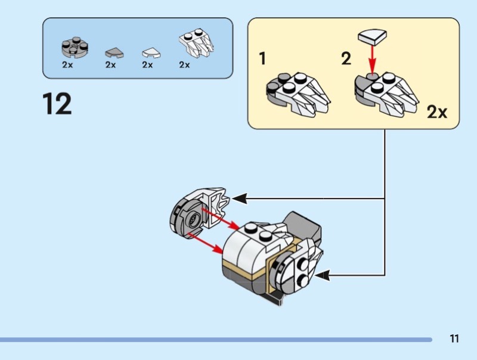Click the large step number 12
click(x=57, y=104)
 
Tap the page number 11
click(x=454, y=339)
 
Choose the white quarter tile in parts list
click(x=151, y=52)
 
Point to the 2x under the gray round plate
click(x=67, y=64)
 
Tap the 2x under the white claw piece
click(x=184, y=64)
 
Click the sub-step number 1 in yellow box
click(x=262, y=60)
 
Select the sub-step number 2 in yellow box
click(x=346, y=60)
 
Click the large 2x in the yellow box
click(x=437, y=112)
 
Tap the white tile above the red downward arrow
click(x=371, y=38)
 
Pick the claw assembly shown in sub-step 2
click(x=386, y=94)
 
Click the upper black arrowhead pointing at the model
click(x=238, y=198)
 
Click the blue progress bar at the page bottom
click(x=215, y=340)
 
